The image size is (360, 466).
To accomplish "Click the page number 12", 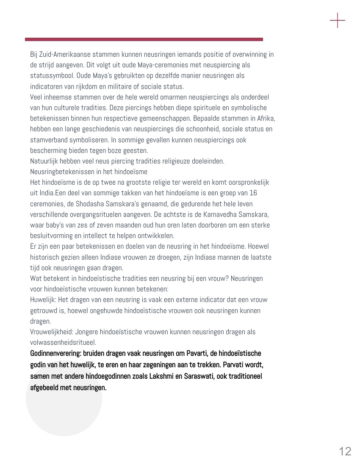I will [345, 451].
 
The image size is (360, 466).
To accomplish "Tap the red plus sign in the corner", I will [338, 20].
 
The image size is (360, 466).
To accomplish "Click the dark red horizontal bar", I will [144, 39].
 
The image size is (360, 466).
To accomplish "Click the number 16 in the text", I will [253, 193].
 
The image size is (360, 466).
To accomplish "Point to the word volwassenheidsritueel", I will [63, 342].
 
